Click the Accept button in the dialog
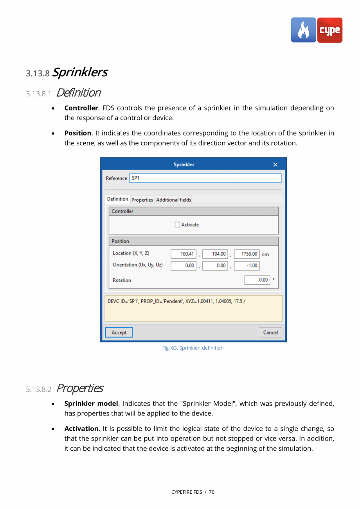119,332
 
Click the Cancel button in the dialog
270,332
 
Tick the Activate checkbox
178,225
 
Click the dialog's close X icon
275,164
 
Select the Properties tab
142,200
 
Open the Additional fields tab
173,200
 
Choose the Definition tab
117,199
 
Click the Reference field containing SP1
205,178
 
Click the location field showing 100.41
184,254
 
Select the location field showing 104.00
215,254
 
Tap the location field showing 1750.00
247,254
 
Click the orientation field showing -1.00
247,265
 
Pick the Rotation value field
257,280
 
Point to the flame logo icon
303,30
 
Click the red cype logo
329,30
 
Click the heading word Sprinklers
80,72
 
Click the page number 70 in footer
212,492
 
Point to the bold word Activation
81,429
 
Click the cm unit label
265,254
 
